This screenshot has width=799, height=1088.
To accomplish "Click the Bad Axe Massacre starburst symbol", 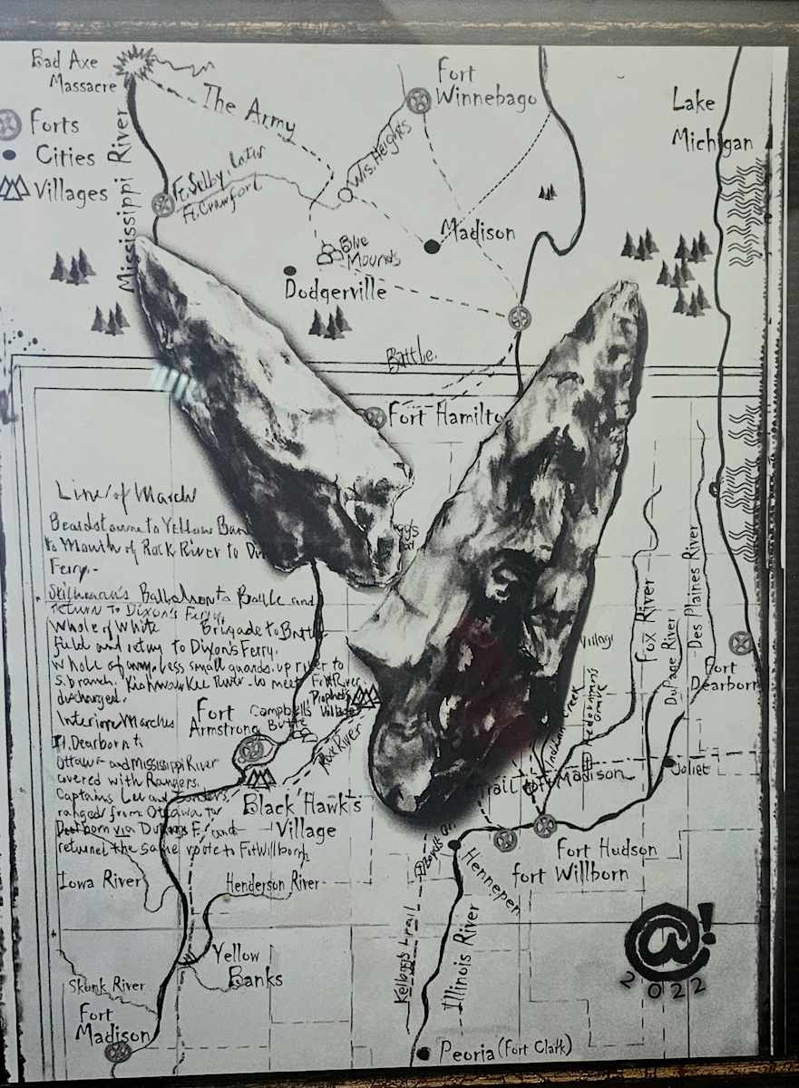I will click(139, 63).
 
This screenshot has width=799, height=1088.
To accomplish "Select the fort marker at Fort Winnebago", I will click(418, 100).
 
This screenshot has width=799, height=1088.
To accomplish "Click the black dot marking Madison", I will click(432, 246).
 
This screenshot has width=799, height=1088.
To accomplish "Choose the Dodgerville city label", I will click(336, 291).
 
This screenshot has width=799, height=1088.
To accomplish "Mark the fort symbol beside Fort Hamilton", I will click(375, 417).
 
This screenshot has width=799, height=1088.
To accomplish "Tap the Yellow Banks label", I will click(248, 967).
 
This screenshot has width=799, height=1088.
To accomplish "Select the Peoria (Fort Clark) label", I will click(504, 1050).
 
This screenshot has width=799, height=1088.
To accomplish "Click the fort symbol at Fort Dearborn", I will click(742, 643).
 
